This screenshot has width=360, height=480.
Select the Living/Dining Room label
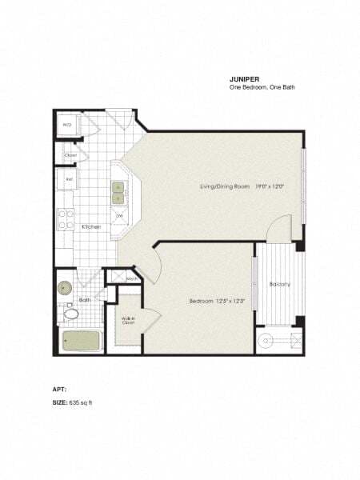click(226, 187)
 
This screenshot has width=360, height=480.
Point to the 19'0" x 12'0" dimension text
click(270, 187)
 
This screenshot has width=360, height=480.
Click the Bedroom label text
click(200, 301)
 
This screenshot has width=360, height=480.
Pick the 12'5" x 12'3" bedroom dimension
click(228, 301)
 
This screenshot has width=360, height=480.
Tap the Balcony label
click(279, 284)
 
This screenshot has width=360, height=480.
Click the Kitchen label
click(91, 226)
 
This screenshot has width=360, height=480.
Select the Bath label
click(84, 300)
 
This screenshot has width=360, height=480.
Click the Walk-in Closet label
click(128, 322)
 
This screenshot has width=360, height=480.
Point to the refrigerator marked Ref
click(70, 179)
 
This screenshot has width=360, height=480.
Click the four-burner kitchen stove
click(66, 214)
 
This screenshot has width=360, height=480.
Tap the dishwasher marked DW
click(119, 215)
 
